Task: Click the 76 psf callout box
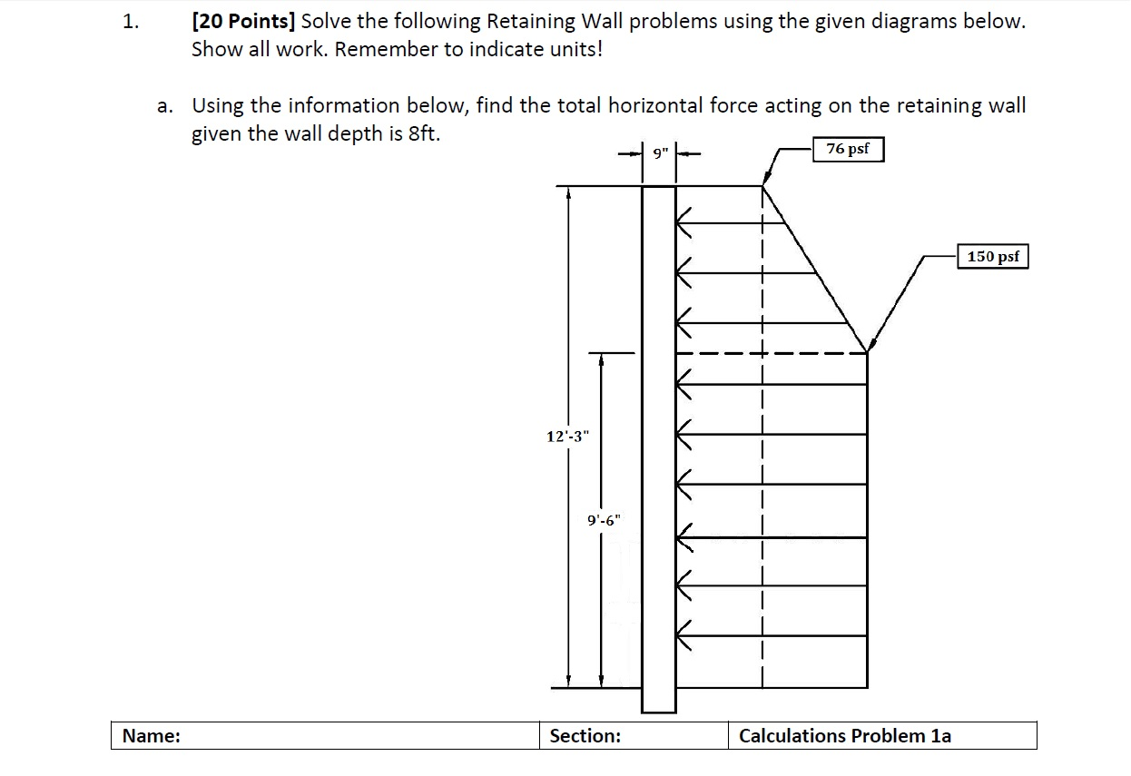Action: coord(848,149)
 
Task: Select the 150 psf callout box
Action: coord(993,257)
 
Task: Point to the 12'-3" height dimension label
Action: coord(567,436)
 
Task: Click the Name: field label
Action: coord(151,736)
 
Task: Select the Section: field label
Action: coord(585,736)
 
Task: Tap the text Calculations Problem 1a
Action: coord(844,736)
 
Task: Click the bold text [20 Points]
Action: coord(242,22)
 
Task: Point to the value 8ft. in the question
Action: coord(424,134)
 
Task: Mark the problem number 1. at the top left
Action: coord(132,23)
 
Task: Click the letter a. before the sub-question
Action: coord(164,107)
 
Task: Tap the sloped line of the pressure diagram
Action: coord(814,269)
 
